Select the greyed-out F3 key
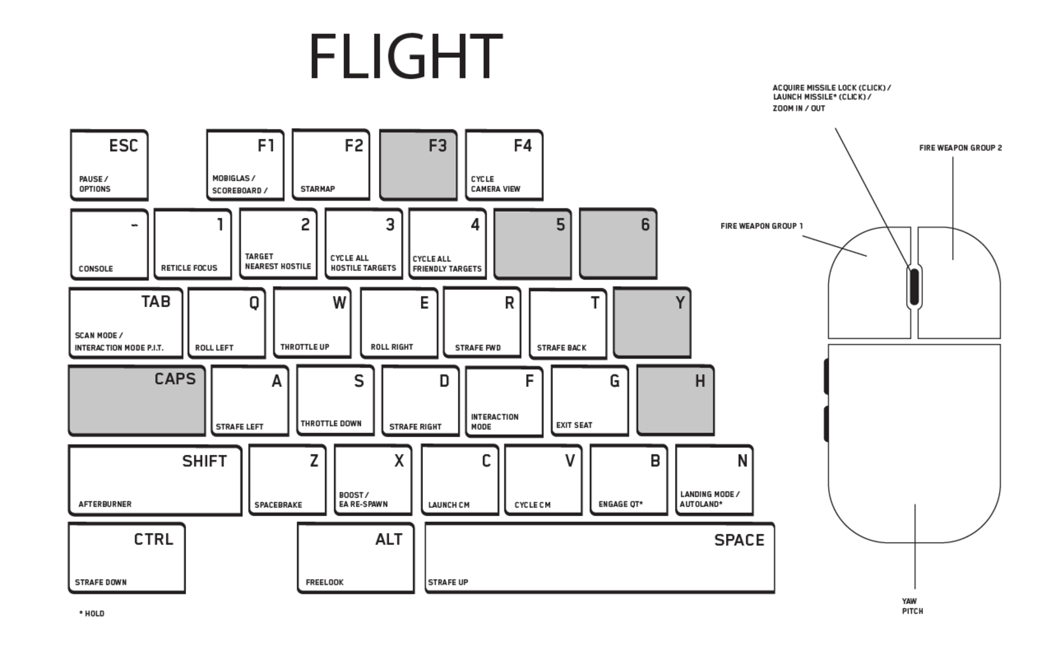418,165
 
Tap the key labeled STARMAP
331,165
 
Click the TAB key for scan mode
125,322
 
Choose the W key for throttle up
312,322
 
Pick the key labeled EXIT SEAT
590,401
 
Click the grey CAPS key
137,401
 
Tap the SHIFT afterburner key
155,480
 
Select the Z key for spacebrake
287,480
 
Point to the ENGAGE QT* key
629,480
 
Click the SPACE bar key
599,558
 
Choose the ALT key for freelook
355,558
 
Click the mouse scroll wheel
915,287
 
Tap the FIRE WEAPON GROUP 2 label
960,148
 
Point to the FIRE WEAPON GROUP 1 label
762,226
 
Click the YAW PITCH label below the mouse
912,606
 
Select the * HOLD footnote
92,614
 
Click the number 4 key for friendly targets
447,244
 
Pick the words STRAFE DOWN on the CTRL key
101,582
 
